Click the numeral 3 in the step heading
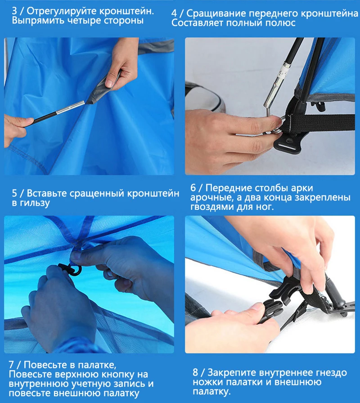click(x=14, y=11)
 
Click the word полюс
click(x=280, y=23)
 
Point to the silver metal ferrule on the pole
click(x=71, y=107)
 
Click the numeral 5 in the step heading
click(x=14, y=193)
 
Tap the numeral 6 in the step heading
click(x=193, y=188)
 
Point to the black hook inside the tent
click(x=71, y=269)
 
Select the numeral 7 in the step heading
click(x=11, y=365)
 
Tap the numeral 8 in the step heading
click(x=195, y=372)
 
